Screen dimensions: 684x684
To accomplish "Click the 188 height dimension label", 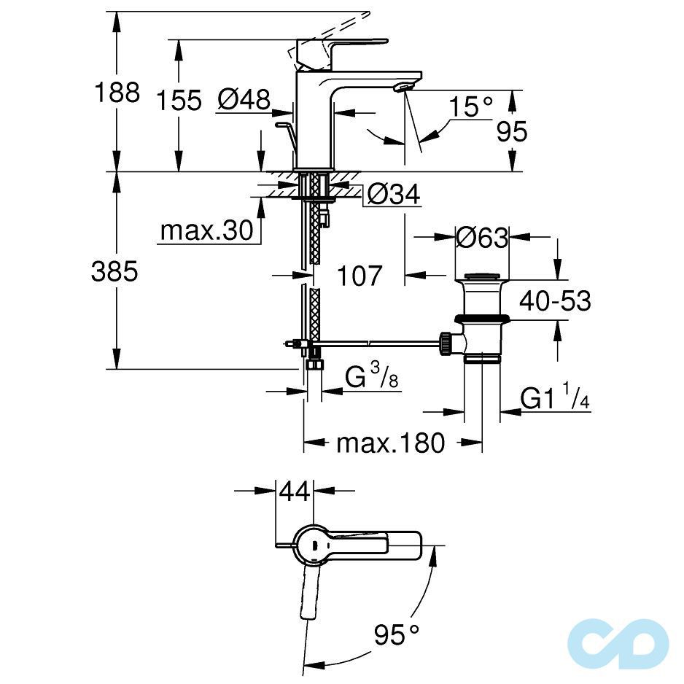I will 117,93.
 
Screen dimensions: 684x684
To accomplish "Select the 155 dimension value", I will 179,101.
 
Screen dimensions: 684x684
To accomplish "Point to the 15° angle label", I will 470,107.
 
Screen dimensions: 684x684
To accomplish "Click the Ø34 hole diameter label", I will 394,195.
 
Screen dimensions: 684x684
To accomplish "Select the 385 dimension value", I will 114,271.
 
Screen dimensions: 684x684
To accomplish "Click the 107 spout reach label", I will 359,276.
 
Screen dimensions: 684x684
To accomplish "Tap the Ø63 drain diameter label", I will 481,238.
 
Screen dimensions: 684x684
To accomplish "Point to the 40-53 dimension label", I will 555,300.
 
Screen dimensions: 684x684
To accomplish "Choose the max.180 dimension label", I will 390,443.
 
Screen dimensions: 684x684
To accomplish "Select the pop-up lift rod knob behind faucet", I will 281,126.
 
